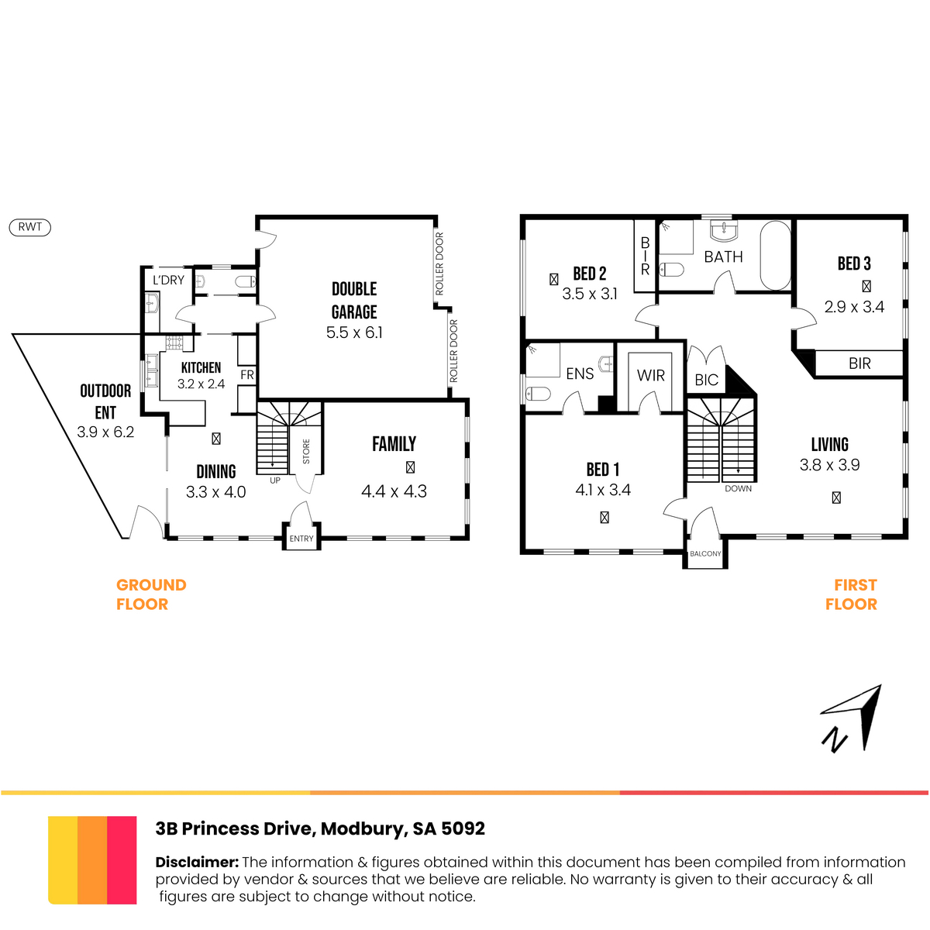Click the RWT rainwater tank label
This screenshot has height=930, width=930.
(x=30, y=227)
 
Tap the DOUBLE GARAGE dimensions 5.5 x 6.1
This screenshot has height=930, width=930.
(x=354, y=332)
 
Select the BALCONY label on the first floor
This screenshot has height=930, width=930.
(x=705, y=553)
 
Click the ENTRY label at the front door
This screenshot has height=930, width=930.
(x=301, y=539)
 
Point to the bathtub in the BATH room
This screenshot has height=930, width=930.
(x=775, y=255)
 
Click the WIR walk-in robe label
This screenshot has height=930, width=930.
(x=650, y=375)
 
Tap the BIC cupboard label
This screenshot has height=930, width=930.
(x=707, y=380)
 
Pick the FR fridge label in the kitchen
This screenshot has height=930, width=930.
(x=247, y=374)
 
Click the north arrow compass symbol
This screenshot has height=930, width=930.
(x=852, y=718)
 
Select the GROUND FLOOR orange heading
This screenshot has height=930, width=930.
(x=151, y=594)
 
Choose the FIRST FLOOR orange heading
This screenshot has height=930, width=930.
(x=851, y=594)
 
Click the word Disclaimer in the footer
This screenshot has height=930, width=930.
(x=197, y=863)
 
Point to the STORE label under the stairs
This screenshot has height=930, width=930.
(x=306, y=451)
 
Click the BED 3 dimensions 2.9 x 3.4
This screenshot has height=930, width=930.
(x=854, y=307)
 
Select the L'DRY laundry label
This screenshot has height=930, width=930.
(x=168, y=280)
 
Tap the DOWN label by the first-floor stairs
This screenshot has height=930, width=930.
(x=738, y=488)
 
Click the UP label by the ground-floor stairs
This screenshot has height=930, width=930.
(x=275, y=480)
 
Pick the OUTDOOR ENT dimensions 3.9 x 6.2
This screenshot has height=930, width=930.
(x=105, y=432)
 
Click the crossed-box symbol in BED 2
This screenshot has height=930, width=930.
(x=553, y=279)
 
